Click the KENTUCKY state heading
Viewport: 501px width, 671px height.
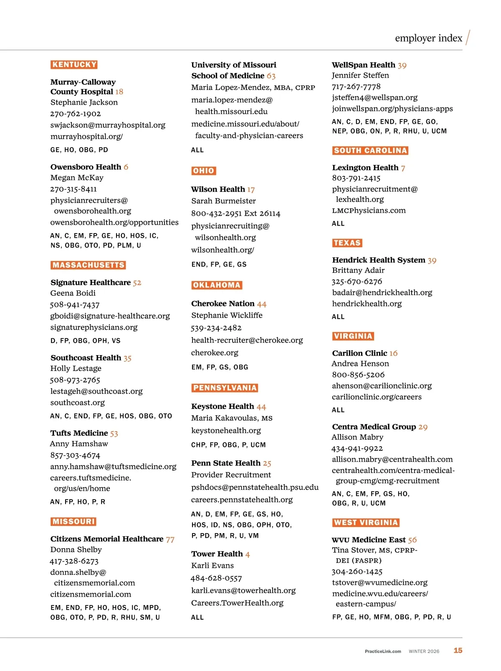click(x=74, y=65)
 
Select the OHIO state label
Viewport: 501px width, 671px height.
click(x=204, y=171)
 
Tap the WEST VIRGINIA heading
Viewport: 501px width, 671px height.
click(x=366, y=523)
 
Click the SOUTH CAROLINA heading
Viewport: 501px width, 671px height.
click(x=370, y=151)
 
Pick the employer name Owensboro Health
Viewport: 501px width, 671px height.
click(x=86, y=167)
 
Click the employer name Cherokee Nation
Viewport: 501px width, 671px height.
click(x=223, y=304)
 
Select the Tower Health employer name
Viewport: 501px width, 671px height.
click(x=217, y=554)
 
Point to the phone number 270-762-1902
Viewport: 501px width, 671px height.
click(x=76, y=114)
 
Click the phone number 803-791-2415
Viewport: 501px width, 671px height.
click(x=356, y=178)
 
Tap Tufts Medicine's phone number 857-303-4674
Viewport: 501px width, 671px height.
click(x=75, y=455)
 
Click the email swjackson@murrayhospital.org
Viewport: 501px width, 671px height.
click(x=108, y=125)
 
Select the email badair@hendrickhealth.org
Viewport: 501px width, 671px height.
click(x=382, y=292)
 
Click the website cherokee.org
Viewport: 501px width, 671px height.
click(x=215, y=353)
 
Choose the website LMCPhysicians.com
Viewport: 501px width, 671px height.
click(x=369, y=211)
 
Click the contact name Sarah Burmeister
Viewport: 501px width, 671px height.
click(x=223, y=201)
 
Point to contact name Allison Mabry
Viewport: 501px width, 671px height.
click(x=357, y=437)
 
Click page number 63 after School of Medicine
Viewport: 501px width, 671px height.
click(x=271, y=76)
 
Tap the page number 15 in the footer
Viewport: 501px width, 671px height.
click(x=458, y=651)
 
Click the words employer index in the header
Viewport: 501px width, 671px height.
click(x=428, y=38)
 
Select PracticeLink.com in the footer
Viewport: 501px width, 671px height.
click(x=383, y=651)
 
